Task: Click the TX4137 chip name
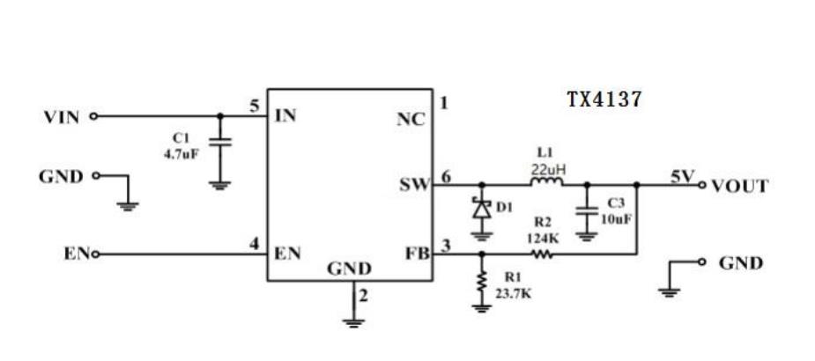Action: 604,99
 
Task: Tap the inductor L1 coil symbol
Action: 546,183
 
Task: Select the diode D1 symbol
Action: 481,209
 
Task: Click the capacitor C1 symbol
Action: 220,143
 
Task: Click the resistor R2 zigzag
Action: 541,254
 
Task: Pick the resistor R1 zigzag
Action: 481,282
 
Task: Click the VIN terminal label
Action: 61,116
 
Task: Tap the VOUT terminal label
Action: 740,186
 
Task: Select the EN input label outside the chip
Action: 74,254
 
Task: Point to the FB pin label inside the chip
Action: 417,253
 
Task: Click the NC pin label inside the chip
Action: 411,119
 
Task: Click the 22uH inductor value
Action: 547,167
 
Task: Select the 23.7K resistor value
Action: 513,294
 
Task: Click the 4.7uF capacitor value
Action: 182,152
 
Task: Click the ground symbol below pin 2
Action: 354,321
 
